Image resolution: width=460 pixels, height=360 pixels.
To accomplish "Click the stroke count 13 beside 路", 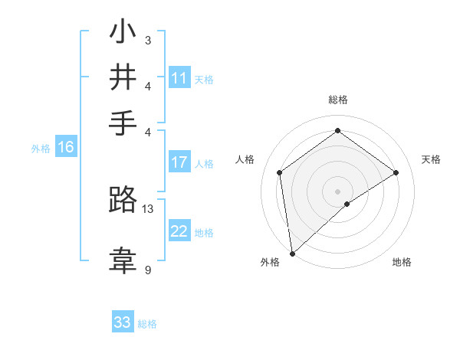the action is pos(148,208).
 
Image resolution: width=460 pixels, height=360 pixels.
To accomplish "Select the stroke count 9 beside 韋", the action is pos(148,270).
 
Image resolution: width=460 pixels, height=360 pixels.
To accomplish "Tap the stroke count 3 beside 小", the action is pos(148,40).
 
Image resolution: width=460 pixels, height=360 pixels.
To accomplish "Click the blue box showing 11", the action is pos(179,78).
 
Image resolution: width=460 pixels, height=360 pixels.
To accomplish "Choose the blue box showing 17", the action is pos(179,162).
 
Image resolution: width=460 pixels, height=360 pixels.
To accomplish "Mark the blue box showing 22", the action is pos(179,231).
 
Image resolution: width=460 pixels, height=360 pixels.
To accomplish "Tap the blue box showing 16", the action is pos(66,148).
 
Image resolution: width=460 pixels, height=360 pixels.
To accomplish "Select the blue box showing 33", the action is pos(123,322).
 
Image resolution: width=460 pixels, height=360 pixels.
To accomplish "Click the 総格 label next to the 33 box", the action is pos(147,324).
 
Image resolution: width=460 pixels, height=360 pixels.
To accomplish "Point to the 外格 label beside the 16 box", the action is pos(41,149).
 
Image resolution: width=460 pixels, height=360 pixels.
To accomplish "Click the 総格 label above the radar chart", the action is pos(337,100).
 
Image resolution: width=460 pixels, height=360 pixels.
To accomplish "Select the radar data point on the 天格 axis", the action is pos(396,172).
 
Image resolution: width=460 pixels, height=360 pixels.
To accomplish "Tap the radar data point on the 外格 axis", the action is pos(292,253).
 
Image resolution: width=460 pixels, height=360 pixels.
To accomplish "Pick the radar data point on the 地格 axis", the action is pos(347,204).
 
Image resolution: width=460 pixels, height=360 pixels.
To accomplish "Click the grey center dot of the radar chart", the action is pos(337,190).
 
